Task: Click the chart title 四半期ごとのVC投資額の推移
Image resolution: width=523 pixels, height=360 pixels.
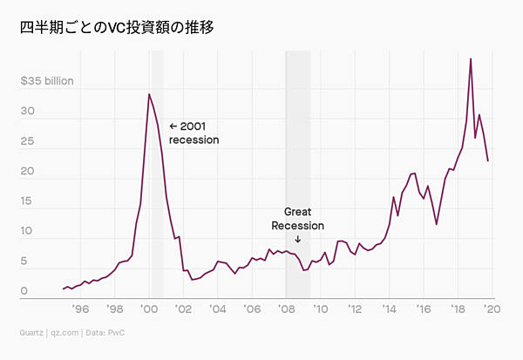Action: point(118,28)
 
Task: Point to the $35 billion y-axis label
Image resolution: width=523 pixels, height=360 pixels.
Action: point(47,82)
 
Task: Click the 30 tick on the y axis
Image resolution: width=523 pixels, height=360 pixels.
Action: point(28,112)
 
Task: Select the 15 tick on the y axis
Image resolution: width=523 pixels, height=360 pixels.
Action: point(27,201)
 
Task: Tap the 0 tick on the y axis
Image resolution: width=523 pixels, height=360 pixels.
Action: point(25,291)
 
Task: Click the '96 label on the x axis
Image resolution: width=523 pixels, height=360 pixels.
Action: point(80,309)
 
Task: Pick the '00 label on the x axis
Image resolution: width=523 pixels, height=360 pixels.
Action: point(148,309)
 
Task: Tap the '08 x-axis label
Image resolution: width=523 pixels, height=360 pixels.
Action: point(286,309)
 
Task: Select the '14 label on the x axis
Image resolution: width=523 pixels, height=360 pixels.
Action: point(389,309)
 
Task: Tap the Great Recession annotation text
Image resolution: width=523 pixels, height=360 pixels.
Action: point(297,219)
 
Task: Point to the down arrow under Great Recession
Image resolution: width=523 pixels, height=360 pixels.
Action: point(297,239)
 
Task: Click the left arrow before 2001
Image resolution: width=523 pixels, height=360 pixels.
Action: point(173,126)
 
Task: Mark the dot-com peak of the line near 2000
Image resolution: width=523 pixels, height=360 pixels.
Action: point(149,94)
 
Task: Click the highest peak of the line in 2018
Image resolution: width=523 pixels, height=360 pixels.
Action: point(471,59)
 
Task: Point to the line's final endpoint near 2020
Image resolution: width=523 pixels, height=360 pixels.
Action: point(488,161)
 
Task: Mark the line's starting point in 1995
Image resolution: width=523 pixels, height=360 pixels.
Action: point(64,289)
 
